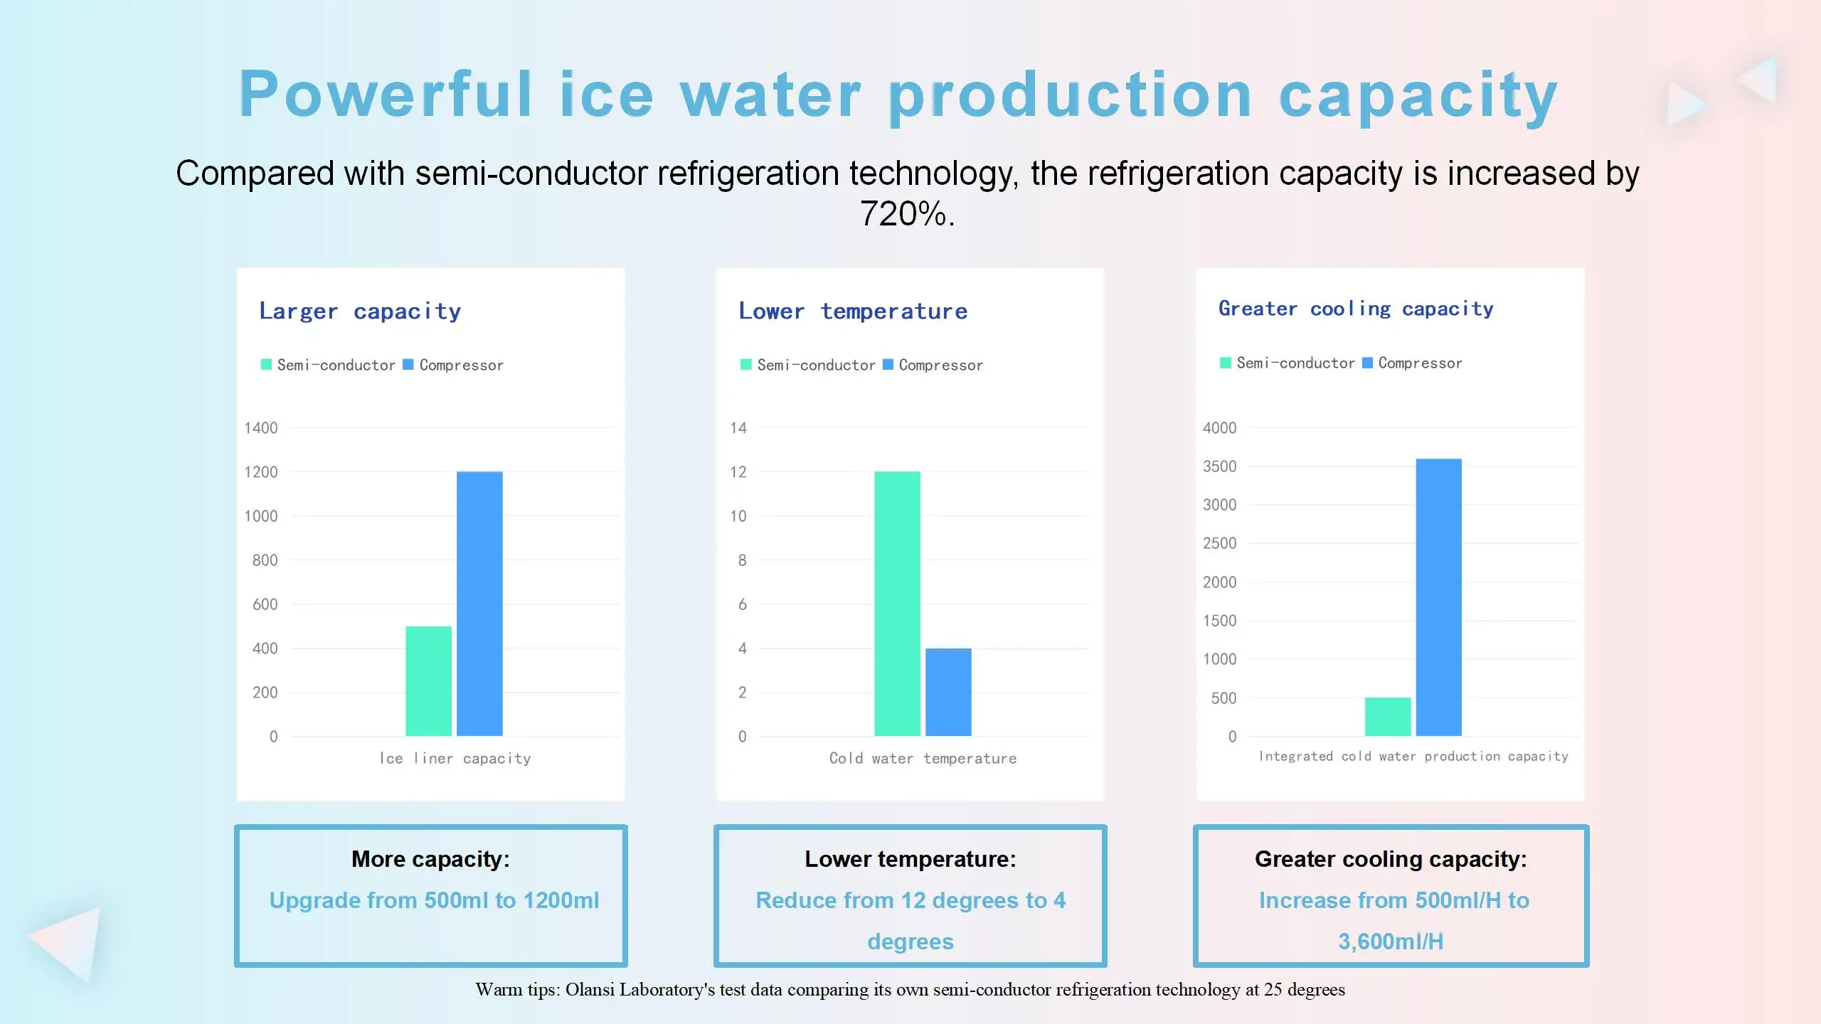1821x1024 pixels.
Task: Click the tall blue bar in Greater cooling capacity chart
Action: click(1438, 597)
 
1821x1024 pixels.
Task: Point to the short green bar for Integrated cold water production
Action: click(1387, 717)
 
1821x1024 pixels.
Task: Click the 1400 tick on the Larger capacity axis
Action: click(261, 428)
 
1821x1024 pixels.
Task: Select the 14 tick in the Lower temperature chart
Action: click(738, 428)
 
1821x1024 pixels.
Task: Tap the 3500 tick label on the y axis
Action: click(1219, 466)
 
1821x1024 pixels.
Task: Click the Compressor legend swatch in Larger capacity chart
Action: click(408, 365)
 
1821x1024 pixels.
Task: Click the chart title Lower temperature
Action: click(853, 311)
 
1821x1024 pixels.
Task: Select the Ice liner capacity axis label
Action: click(455, 758)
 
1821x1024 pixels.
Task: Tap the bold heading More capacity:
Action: click(430, 859)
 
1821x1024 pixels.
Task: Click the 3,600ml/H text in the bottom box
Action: click(1391, 941)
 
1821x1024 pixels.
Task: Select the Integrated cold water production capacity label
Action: click(1413, 756)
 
